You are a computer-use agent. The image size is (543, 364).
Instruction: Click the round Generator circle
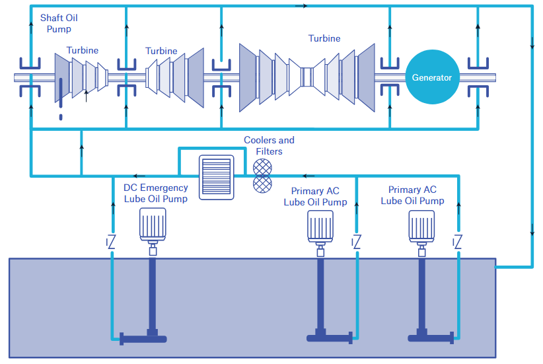coord(431,77)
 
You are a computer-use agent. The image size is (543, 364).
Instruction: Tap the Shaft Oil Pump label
coord(59,23)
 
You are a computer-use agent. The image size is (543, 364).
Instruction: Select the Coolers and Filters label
coord(269,145)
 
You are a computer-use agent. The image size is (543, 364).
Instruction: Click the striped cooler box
coord(217,176)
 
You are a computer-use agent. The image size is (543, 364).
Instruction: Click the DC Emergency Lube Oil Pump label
coord(155,193)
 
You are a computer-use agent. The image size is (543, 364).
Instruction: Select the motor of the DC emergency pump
coord(153,225)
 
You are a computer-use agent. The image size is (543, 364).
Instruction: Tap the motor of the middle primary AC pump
coord(320,227)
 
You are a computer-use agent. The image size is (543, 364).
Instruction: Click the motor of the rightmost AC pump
coord(420,226)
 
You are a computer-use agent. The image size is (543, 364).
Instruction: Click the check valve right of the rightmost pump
coord(456,242)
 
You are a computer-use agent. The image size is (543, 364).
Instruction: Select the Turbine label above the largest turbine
coord(324,38)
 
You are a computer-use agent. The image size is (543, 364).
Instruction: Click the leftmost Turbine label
coord(83,50)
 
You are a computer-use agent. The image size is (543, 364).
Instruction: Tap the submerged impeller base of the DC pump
coord(143,339)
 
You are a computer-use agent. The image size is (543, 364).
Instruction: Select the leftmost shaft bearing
coord(30,77)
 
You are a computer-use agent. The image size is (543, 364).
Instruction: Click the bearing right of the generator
coord(478,77)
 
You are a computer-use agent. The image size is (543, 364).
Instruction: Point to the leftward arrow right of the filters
coord(305,176)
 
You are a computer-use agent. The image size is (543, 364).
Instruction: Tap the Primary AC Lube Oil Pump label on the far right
coord(412,195)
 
